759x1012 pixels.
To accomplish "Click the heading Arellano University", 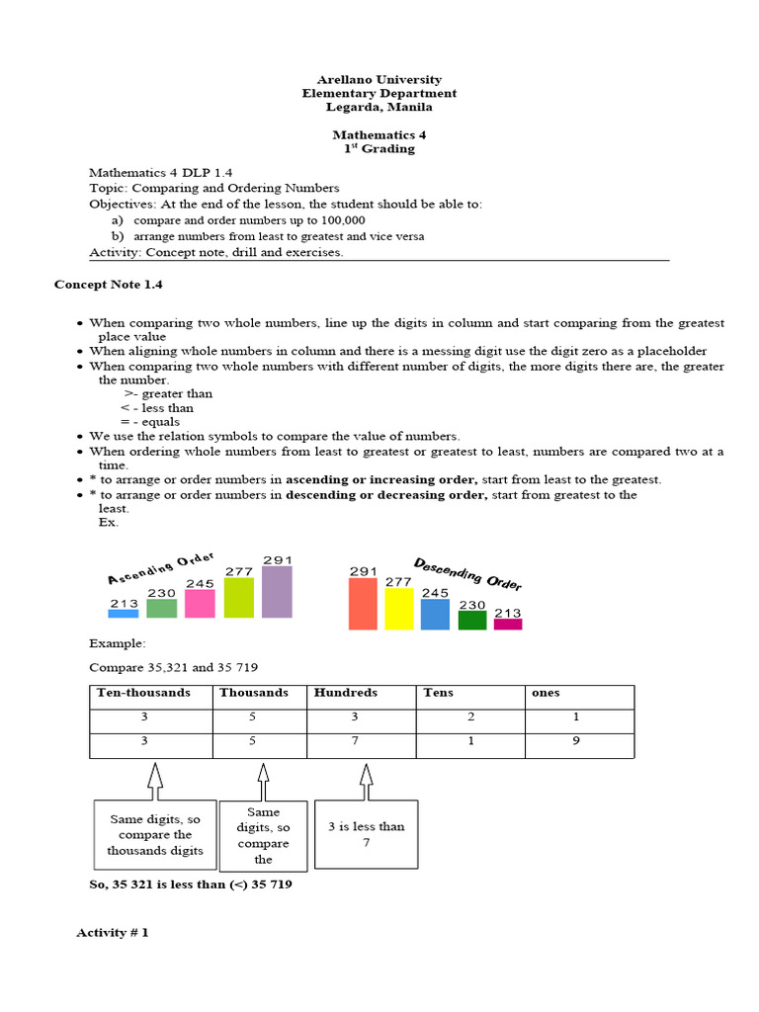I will (379, 79).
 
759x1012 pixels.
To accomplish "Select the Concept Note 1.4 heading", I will (108, 285).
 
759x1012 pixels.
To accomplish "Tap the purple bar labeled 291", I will (277, 591).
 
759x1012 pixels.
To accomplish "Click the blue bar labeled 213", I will (124, 613).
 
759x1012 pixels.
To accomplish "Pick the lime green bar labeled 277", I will (239, 598).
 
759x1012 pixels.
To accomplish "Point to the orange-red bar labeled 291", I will (363, 603).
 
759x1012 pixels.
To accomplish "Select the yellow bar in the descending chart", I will (398, 608).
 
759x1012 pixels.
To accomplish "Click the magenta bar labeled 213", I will (507, 624).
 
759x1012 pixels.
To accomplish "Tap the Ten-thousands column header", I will (143, 693).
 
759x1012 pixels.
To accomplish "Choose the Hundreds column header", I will (346, 693).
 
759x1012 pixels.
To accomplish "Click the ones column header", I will (546, 693).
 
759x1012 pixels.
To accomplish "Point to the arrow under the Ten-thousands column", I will (154, 780).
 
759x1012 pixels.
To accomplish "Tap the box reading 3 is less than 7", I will (366, 834).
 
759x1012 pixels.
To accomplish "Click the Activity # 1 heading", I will (113, 932).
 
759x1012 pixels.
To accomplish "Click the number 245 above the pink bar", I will (200, 583).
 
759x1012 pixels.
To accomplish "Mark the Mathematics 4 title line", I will (379, 134).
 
